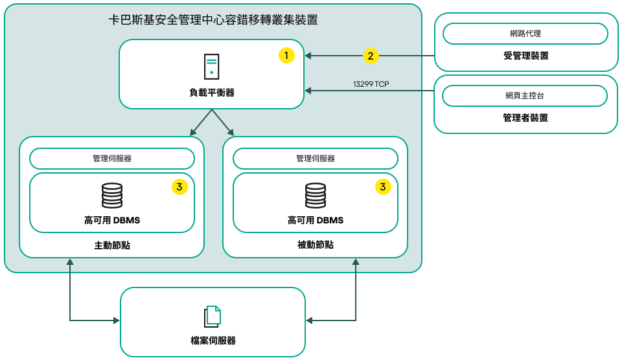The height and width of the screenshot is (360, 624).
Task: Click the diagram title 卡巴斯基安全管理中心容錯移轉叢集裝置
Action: (213, 20)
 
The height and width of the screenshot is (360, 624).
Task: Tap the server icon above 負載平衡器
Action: (211, 67)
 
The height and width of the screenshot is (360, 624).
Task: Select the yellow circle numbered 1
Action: (286, 56)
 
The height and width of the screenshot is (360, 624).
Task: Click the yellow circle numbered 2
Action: (370, 56)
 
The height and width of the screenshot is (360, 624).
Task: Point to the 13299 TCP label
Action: (371, 84)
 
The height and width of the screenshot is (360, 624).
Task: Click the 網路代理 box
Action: (525, 33)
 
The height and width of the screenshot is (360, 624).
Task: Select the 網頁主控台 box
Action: (525, 96)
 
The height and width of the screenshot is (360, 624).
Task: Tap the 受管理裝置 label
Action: (526, 56)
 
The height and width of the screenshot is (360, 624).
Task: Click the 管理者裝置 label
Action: (525, 118)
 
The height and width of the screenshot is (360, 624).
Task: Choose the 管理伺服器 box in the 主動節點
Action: (112, 159)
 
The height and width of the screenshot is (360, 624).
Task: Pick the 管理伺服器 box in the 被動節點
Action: (316, 159)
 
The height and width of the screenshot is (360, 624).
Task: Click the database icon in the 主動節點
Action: (112, 196)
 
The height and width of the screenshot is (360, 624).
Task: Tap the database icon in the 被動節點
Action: (316, 196)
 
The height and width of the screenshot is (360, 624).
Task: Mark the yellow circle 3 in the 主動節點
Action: (179, 187)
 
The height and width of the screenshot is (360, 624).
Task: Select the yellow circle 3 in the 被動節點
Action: (383, 187)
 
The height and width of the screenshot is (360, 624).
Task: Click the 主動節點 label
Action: (112, 245)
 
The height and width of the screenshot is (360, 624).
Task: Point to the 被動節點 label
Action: (316, 245)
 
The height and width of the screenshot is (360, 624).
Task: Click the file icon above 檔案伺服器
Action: (213, 316)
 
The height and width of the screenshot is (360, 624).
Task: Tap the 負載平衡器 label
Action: (212, 93)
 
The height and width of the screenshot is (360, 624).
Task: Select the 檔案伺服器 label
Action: (213, 341)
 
